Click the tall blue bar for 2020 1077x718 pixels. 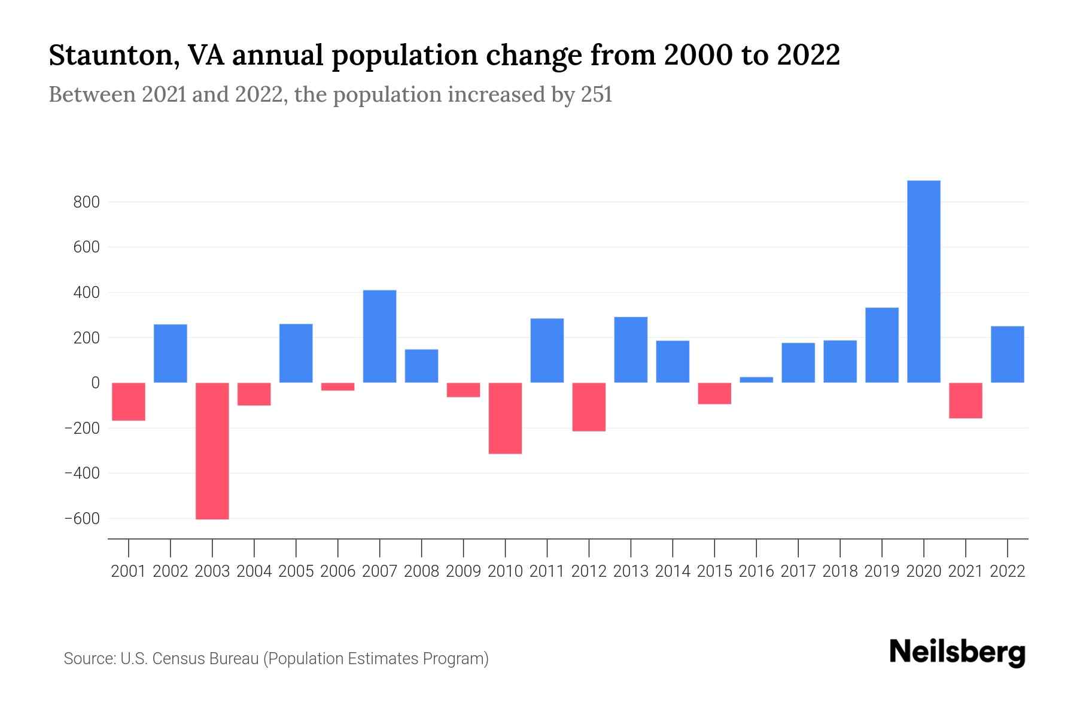click(923, 281)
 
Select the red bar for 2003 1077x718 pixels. click(212, 451)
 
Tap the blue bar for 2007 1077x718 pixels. click(379, 336)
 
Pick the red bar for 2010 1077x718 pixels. click(505, 418)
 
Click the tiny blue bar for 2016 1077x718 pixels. click(756, 379)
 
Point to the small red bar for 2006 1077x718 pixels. click(338, 387)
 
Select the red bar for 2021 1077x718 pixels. click(965, 400)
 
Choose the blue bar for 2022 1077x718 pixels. click(1007, 354)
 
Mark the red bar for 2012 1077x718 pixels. click(589, 407)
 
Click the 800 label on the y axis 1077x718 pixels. click(86, 202)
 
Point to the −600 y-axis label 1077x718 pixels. click(81, 519)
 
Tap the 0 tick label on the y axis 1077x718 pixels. click(95, 383)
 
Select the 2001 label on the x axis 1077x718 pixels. click(129, 571)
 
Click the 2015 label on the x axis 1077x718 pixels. click(714, 571)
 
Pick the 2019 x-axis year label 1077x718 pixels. click(881, 571)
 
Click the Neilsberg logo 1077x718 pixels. click(957, 652)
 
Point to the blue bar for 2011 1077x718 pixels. click(547, 350)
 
